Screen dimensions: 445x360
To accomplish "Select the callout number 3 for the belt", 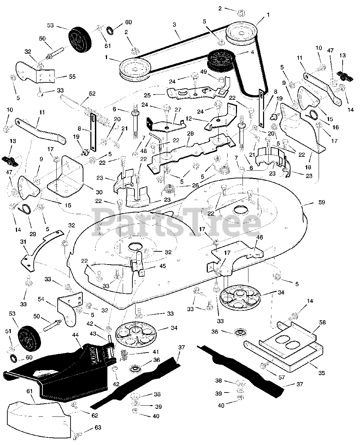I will (x=174, y=25).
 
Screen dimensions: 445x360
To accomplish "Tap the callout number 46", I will (x=260, y=237).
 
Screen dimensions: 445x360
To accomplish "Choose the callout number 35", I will (x=321, y=373).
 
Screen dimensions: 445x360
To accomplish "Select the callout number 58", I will (x=322, y=323).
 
